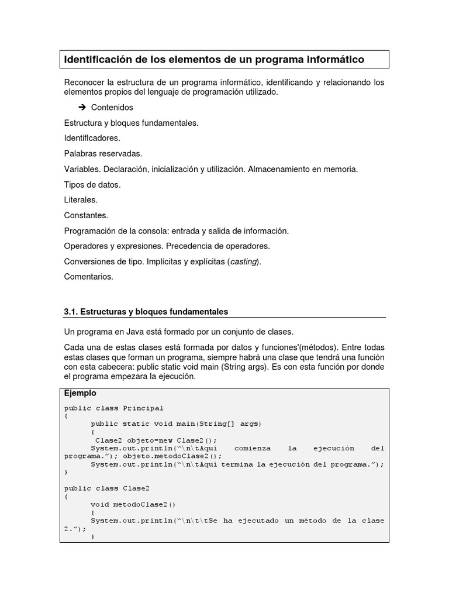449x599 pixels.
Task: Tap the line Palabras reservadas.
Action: tap(103, 154)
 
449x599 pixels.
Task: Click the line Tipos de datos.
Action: tap(92, 184)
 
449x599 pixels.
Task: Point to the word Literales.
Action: tap(81, 200)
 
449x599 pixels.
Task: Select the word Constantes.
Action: tap(86, 215)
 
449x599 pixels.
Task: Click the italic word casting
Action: tap(243, 261)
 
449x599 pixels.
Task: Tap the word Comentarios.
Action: tap(88, 277)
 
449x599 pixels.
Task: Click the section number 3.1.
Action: tap(71, 312)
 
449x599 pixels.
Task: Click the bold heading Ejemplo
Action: tap(80, 394)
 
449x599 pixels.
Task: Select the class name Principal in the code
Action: tap(143, 408)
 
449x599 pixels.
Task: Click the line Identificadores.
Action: tap(92, 139)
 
